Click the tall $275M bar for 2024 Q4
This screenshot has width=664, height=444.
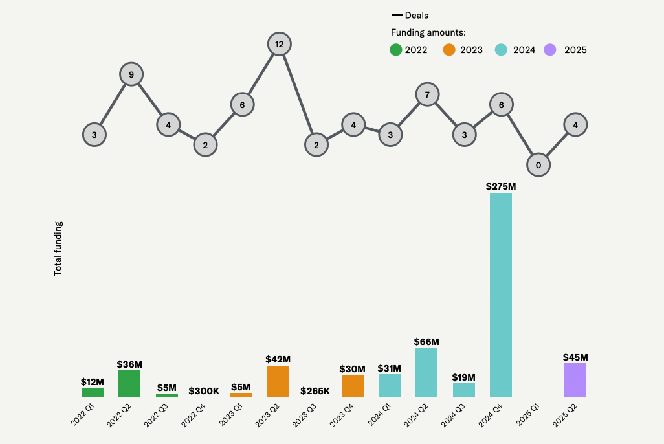click(x=501, y=295)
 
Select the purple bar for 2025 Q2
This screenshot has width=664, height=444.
click(x=575, y=380)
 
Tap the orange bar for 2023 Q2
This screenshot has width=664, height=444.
click(x=278, y=381)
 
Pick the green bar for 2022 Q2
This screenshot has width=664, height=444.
click(x=129, y=383)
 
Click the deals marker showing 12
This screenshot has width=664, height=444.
click(x=279, y=44)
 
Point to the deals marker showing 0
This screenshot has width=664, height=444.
click(x=538, y=165)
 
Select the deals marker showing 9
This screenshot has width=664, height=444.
click(x=131, y=74)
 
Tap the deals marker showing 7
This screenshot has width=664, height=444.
click(x=427, y=94)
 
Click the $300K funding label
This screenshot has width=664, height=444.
click(x=204, y=391)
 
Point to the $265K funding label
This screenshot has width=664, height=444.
click(x=315, y=391)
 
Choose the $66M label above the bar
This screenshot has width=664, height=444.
click(x=426, y=342)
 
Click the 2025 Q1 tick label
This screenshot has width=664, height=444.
click(x=527, y=415)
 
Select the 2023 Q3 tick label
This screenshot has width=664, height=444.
click(x=304, y=416)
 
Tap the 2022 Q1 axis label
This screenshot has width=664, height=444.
click(x=82, y=415)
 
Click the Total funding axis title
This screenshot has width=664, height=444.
click(x=58, y=249)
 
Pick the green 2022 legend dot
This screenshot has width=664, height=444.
click(x=395, y=50)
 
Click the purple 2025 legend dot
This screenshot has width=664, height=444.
click(x=549, y=50)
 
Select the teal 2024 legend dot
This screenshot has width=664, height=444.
click(x=501, y=50)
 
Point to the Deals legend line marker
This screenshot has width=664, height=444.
click(x=397, y=16)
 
